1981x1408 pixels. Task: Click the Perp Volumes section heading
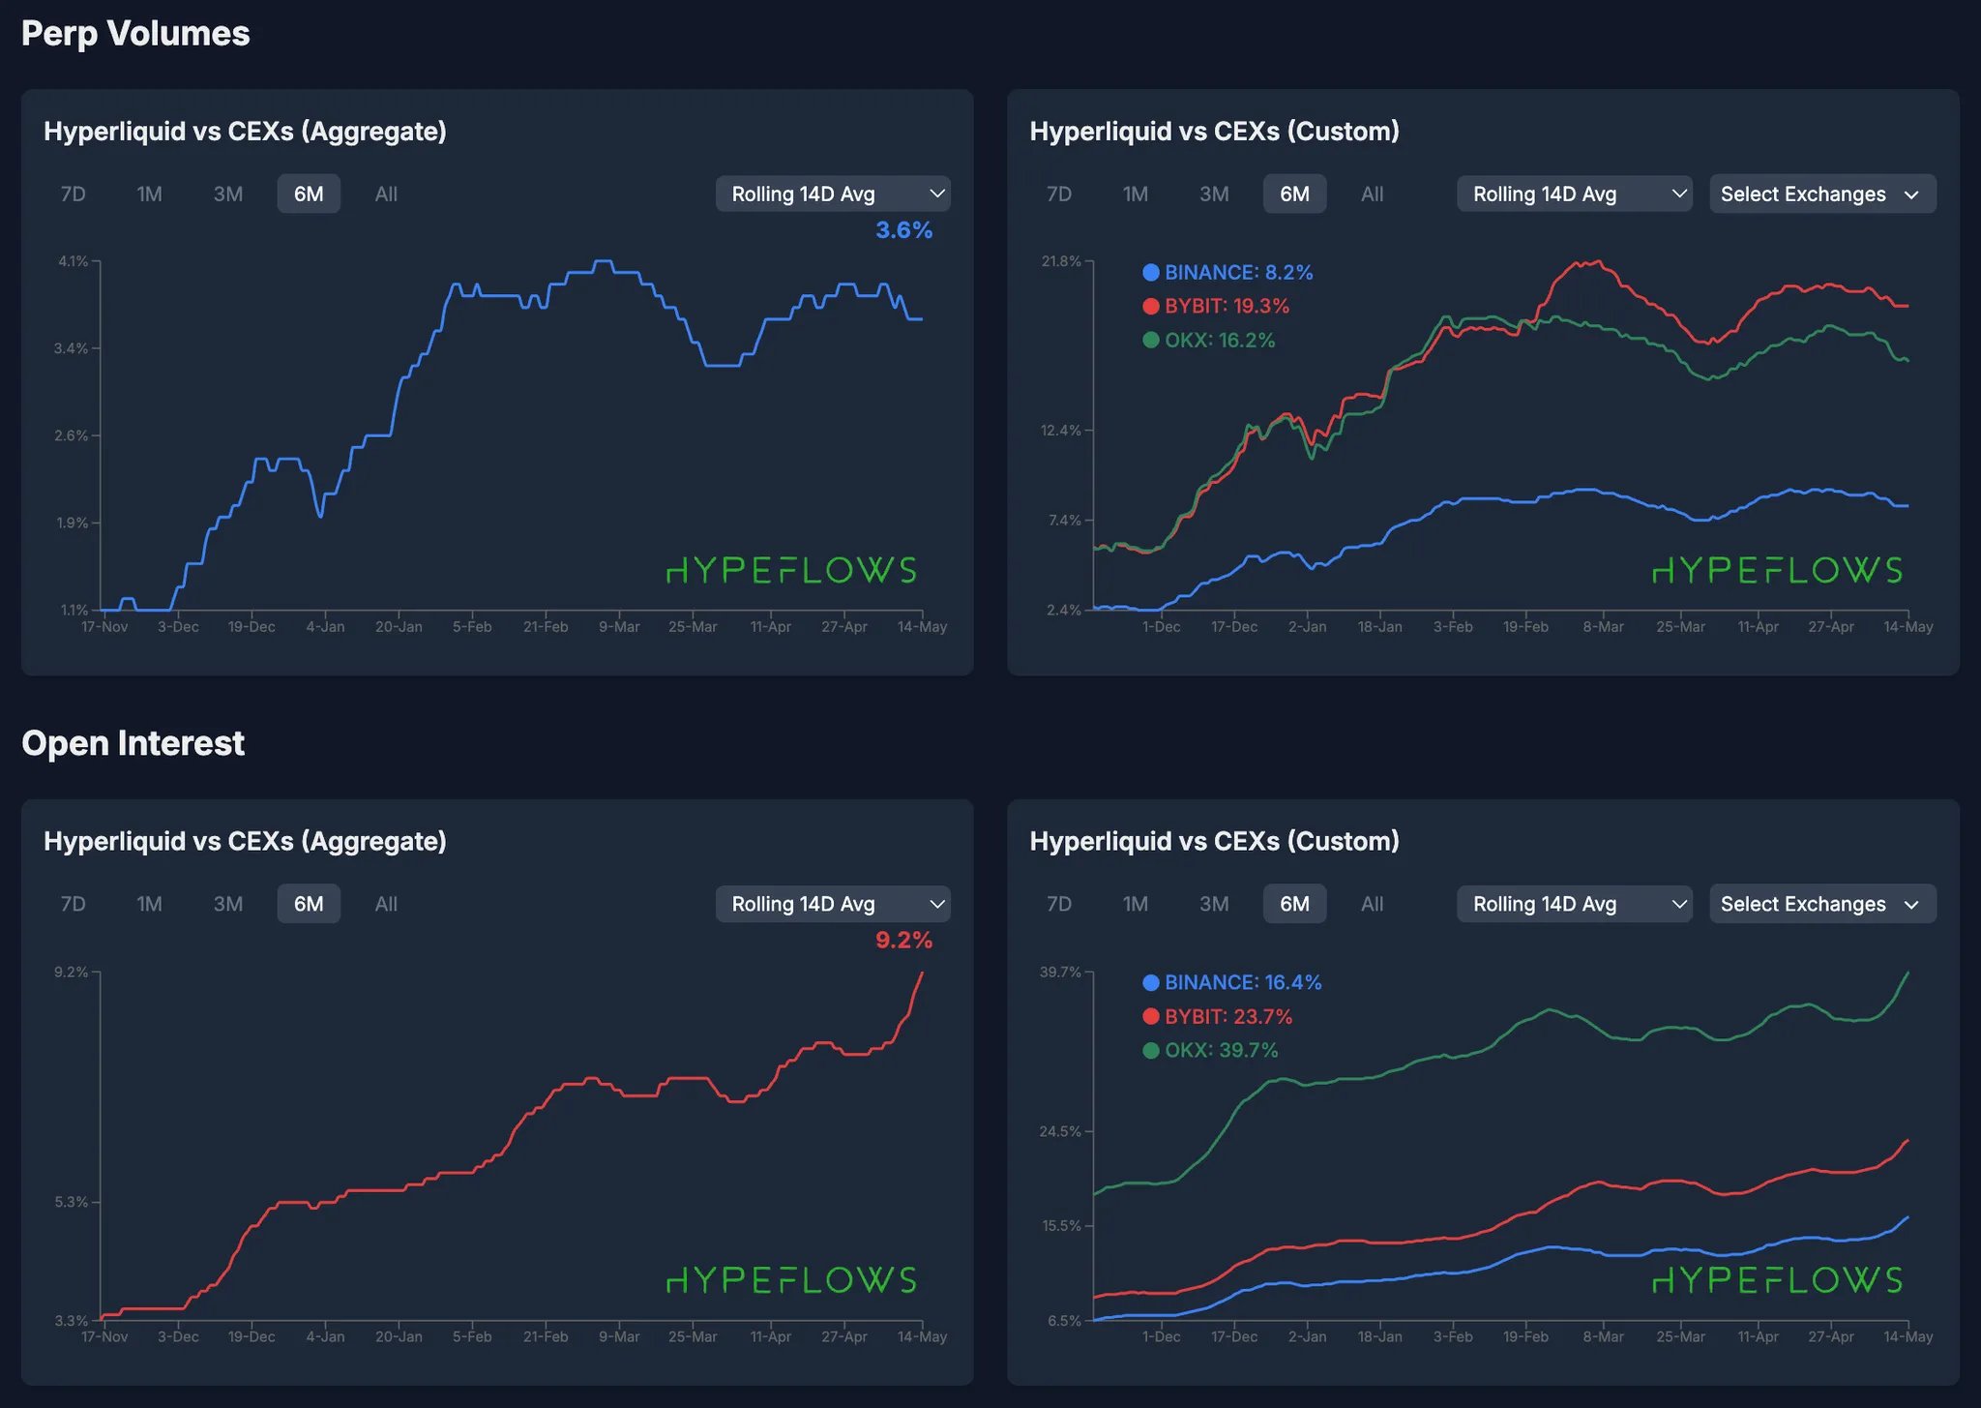click(x=135, y=34)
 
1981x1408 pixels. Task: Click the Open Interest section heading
click(x=133, y=743)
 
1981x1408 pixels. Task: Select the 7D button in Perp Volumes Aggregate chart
click(x=74, y=194)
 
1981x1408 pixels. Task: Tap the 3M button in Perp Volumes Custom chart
click(x=1214, y=194)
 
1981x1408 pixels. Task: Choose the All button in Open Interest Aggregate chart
click(x=386, y=904)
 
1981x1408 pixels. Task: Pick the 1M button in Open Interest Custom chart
click(x=1136, y=904)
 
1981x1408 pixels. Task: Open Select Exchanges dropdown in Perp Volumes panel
click(x=1821, y=194)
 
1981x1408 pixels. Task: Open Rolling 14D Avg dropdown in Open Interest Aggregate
click(x=832, y=904)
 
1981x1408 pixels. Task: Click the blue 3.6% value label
click(x=903, y=230)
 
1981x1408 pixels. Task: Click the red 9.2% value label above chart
click(x=903, y=940)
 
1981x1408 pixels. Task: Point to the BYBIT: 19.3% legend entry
click(x=1226, y=306)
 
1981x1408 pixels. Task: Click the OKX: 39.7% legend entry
click(x=1220, y=1050)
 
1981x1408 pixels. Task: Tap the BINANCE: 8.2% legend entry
click(x=1237, y=272)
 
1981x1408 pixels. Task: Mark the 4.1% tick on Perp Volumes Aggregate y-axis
click(x=73, y=261)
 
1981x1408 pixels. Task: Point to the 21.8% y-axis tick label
click(x=1060, y=261)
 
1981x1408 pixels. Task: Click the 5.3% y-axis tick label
click(x=71, y=1202)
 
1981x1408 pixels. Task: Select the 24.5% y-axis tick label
click(x=1060, y=1131)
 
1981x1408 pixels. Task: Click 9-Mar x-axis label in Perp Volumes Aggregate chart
click(x=619, y=627)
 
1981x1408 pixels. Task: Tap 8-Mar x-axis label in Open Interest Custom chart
click(x=1603, y=1336)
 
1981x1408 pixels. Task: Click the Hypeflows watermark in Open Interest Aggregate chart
click(x=791, y=1280)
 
